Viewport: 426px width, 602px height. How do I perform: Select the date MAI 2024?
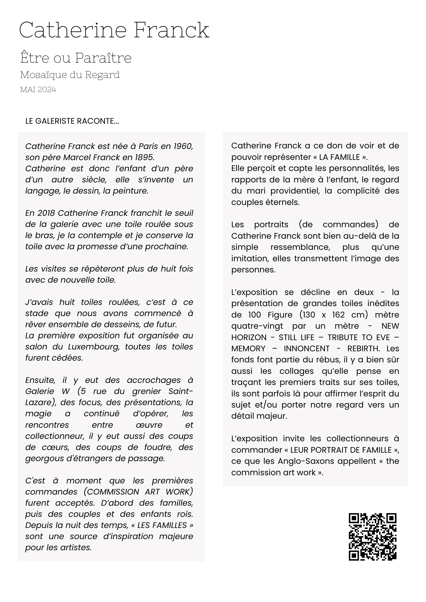[x=38, y=90]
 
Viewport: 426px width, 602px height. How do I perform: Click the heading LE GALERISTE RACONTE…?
[x=72, y=121]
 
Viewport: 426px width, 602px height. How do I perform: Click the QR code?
[x=372, y=537]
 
